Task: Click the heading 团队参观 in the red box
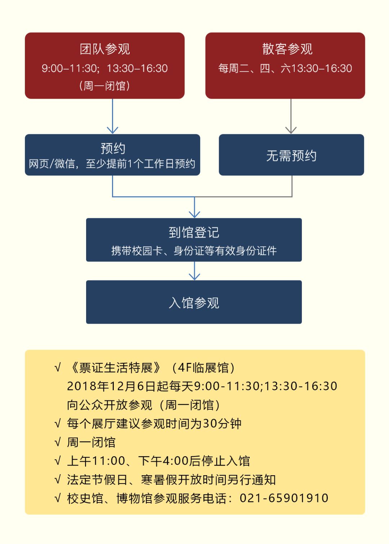click(x=105, y=49)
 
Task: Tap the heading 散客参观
click(x=287, y=49)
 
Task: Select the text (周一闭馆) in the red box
click(x=104, y=86)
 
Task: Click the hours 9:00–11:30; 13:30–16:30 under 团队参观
click(x=104, y=68)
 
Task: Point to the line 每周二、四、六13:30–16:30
click(x=285, y=68)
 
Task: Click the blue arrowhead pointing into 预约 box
click(x=112, y=130)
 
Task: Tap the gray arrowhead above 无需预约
click(x=291, y=130)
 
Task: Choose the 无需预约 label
click(x=291, y=156)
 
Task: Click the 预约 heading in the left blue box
click(x=113, y=148)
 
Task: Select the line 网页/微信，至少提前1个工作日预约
click(x=112, y=164)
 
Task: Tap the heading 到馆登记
click(x=194, y=232)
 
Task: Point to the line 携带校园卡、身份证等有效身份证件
click(x=194, y=251)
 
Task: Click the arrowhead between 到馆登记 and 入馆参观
click(x=194, y=276)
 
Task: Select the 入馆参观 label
click(x=194, y=303)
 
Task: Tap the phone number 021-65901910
click(x=284, y=498)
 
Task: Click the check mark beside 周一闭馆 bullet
click(x=58, y=442)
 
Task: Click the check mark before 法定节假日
click(x=58, y=480)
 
